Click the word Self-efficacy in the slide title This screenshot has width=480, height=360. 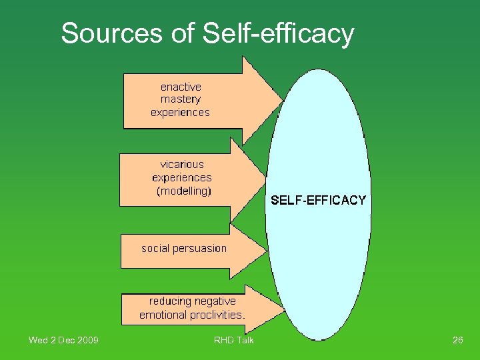pos(279,33)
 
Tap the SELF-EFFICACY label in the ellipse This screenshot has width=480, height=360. pos(318,200)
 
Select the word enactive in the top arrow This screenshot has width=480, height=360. pos(181,87)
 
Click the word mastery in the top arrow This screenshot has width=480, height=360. pos(181,99)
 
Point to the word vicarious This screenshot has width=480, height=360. pos(182,164)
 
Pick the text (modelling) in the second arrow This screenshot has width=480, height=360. pos(183,191)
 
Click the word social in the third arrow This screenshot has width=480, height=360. pos(155,248)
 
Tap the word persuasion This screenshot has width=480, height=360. pos(199,249)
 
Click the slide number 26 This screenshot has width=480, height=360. pos(457,341)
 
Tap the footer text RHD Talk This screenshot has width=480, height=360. pos(233,341)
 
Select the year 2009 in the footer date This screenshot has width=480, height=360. pos(88,341)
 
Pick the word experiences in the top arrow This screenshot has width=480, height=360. pos(180,112)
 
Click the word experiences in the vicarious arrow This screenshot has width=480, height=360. pos(182,178)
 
